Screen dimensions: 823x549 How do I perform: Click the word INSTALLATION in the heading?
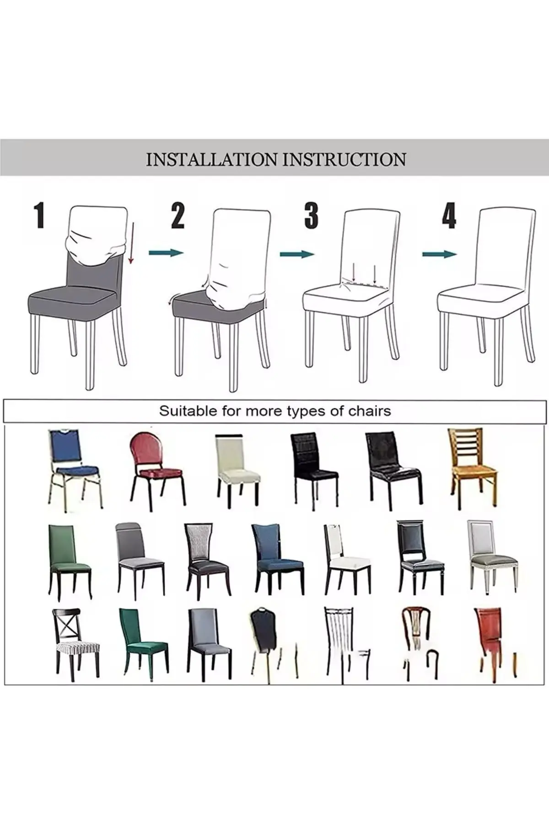[x=211, y=160]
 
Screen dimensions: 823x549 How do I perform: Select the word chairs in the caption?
[x=370, y=411]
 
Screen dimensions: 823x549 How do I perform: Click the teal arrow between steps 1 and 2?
[x=166, y=252]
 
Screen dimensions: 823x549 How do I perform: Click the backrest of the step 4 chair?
[x=506, y=247]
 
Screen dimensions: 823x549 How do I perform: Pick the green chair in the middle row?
[x=69, y=560]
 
